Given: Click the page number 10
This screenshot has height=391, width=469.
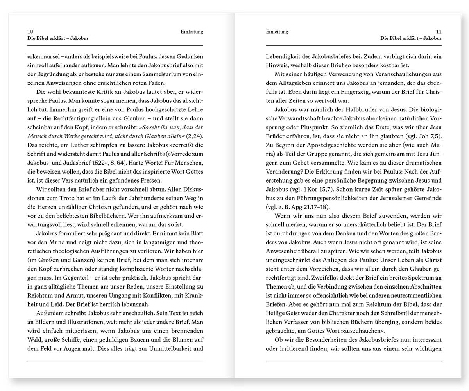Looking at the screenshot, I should (30, 32).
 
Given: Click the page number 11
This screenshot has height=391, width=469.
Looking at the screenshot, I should (439, 32).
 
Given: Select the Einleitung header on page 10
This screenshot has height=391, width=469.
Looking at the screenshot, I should (192, 32).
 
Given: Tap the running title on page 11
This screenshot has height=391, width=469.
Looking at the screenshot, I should (411, 38).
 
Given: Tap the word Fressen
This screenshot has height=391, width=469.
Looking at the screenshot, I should (149, 180).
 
